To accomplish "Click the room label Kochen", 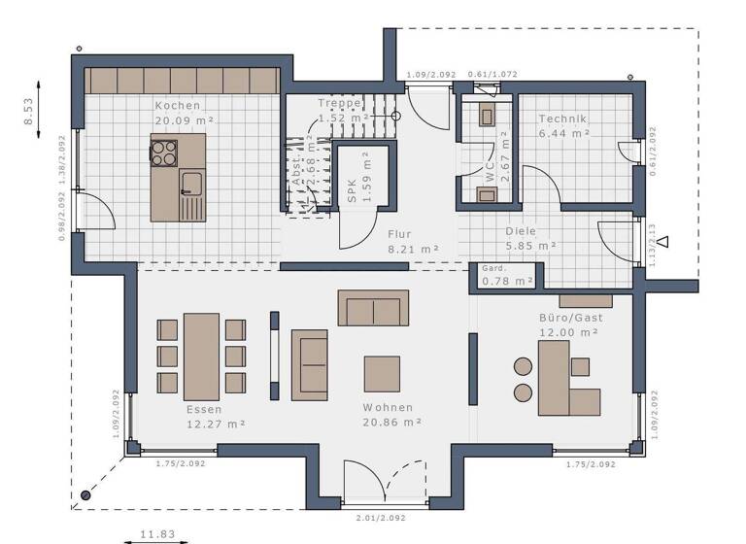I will coord(178,105).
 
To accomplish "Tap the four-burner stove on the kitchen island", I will coord(163,152).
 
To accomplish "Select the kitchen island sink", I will coord(189,182).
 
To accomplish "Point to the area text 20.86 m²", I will coord(391,423).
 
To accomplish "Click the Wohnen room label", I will coord(389,407).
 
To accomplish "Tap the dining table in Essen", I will coord(201,356).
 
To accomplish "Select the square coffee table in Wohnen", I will coord(382,373).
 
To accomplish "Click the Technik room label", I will coord(563,119).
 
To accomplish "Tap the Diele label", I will coord(521,231).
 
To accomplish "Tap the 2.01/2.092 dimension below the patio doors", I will coord(383,519).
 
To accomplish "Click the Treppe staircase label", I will coord(339,103).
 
